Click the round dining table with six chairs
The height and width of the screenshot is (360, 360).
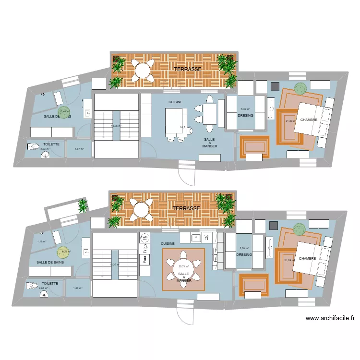click(x=183, y=270)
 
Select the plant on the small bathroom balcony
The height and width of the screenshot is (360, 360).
click(x=83, y=206)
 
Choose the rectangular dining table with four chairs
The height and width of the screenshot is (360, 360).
click(x=210, y=114)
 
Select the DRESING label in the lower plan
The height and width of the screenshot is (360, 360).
click(x=244, y=255)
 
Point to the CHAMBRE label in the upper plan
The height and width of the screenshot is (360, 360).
click(x=311, y=120)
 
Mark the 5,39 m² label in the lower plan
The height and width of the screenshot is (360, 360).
click(x=243, y=248)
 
